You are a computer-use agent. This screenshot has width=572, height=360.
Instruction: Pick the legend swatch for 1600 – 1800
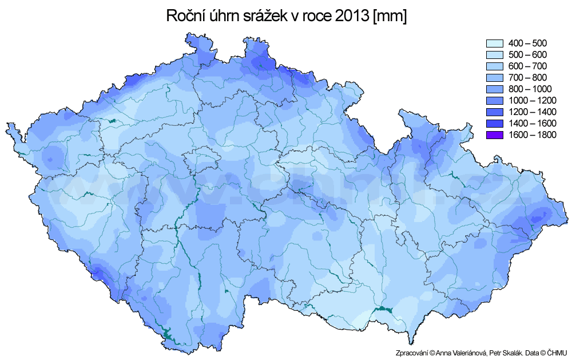pos(494,135)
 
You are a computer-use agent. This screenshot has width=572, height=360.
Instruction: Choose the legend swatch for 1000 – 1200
pos(494,101)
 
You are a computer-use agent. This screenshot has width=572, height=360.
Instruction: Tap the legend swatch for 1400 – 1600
pos(494,124)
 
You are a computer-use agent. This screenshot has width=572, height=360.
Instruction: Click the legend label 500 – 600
pos(527,55)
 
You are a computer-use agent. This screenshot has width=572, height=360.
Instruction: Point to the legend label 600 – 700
pos(527,66)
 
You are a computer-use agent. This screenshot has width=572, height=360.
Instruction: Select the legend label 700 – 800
pos(527,78)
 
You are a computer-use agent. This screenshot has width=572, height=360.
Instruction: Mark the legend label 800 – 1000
pos(530,89)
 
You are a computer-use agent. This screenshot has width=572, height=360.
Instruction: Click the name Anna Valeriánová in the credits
pos(456,353)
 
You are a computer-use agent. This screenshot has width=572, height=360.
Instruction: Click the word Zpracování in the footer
pos(411,353)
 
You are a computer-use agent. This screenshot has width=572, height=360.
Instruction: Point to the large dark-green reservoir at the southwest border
pos(168,332)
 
